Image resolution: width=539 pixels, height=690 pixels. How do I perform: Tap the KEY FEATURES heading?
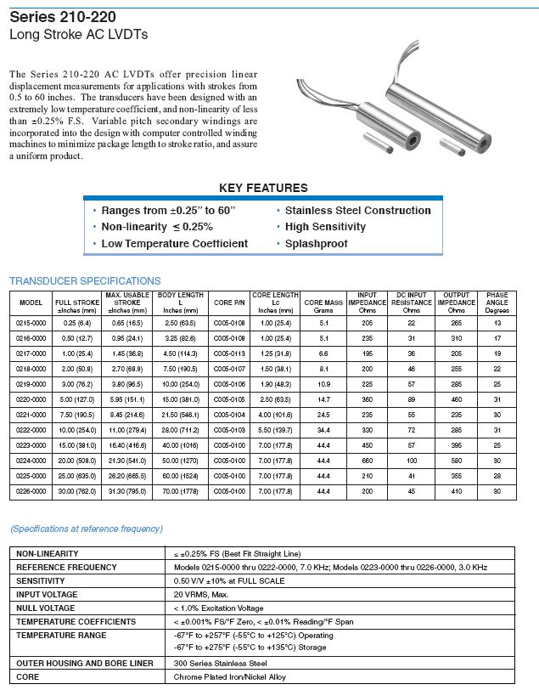[264, 188]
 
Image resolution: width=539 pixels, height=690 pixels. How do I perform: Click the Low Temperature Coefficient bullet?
[174, 244]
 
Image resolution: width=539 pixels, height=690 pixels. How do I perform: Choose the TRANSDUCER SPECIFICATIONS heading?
[85, 281]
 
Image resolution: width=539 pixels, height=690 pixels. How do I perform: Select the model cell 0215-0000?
[31, 324]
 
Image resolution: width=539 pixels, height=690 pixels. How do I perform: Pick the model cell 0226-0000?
[31, 491]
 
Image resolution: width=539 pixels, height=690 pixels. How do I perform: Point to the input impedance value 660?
[367, 461]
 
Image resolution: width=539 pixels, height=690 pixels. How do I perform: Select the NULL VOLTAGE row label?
[47, 608]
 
